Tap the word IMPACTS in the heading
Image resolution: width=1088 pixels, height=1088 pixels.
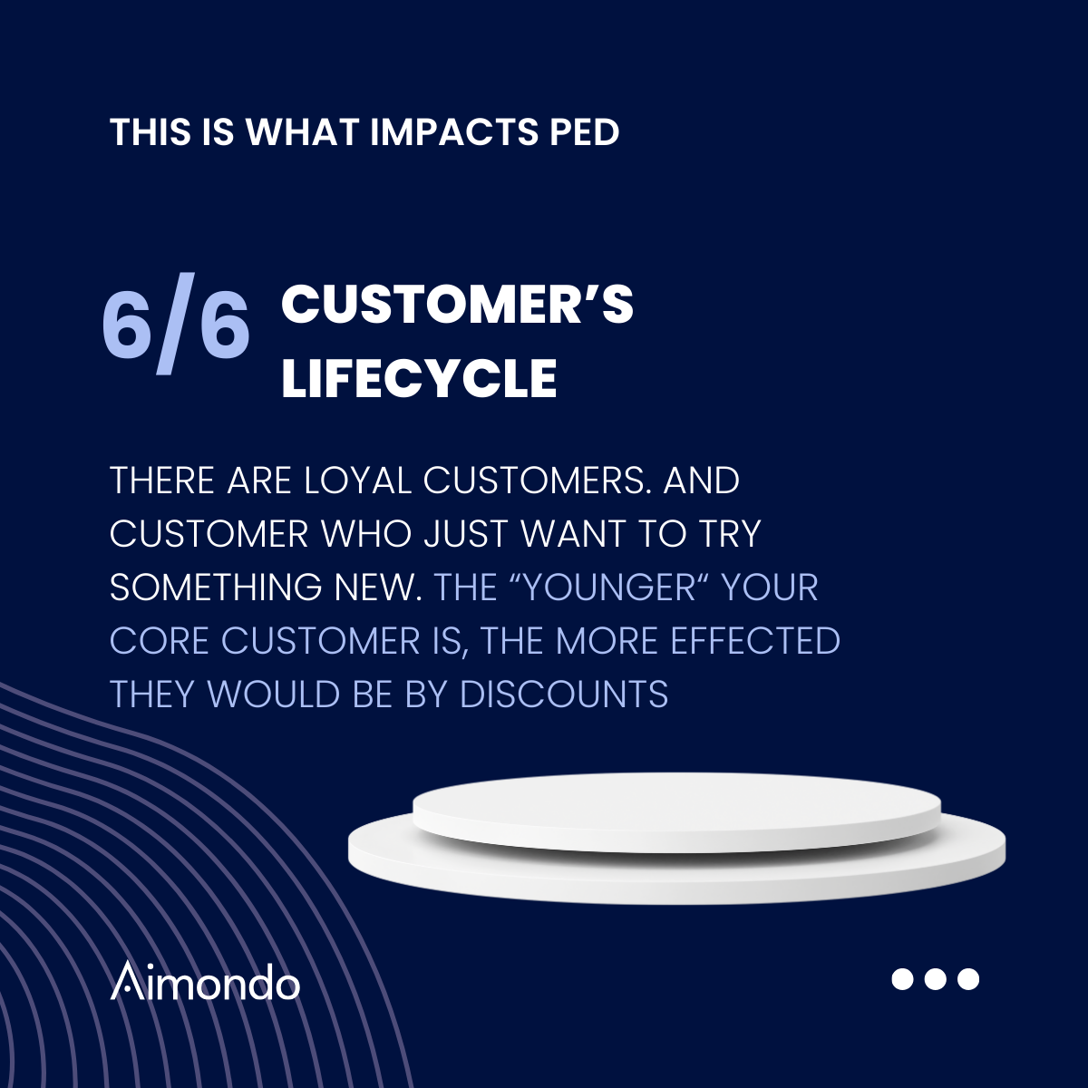(x=454, y=132)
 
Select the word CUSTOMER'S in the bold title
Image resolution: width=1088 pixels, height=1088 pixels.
(x=457, y=305)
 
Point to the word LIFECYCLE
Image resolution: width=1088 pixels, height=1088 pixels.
(x=419, y=378)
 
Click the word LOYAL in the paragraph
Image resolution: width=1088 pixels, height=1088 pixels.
(x=358, y=481)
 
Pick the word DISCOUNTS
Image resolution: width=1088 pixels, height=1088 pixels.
(x=563, y=694)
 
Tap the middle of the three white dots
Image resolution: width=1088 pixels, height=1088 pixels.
(x=936, y=979)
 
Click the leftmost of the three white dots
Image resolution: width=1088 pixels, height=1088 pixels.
(x=902, y=979)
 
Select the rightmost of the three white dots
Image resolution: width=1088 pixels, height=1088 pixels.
(x=968, y=979)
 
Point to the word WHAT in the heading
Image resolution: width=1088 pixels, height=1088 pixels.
(x=303, y=132)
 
